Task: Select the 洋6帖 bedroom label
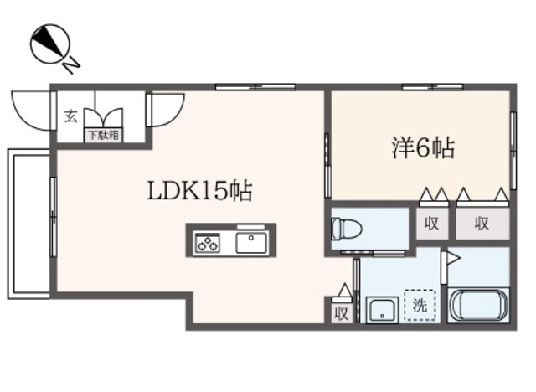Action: [x=422, y=149]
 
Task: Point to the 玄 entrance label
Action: [x=71, y=116]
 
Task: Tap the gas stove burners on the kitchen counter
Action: [x=207, y=243]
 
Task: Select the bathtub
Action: [x=480, y=304]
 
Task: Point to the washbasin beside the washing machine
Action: [x=382, y=309]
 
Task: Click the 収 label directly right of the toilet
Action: [x=431, y=222]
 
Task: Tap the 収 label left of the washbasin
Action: [x=342, y=313]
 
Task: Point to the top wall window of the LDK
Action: [x=255, y=86]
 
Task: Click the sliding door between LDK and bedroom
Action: [x=327, y=162]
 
